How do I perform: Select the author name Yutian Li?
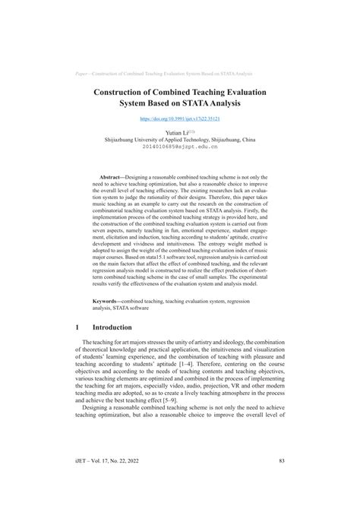(177, 131)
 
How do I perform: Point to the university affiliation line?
(180, 140)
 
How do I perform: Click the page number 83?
(281, 481)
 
